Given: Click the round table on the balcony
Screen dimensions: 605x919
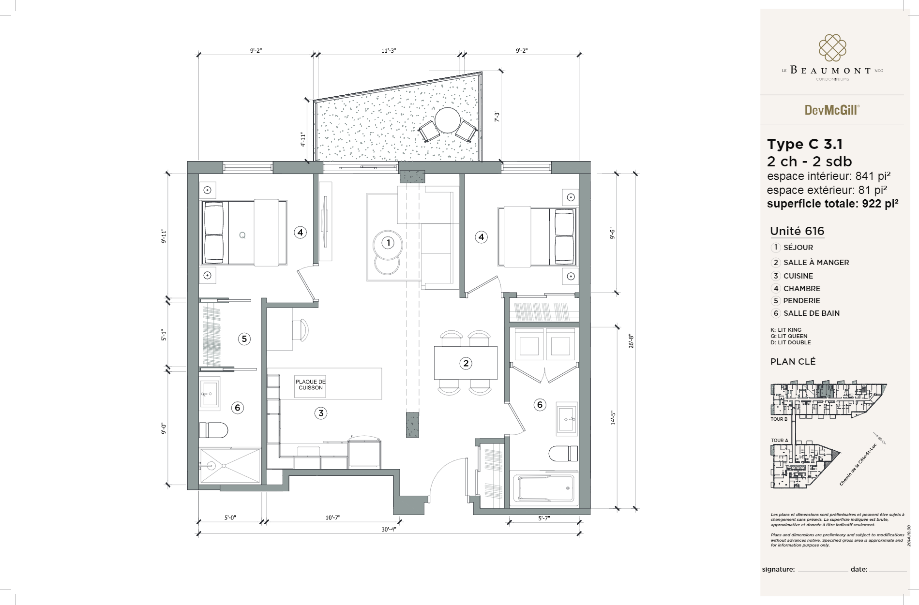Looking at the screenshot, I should click(447, 119).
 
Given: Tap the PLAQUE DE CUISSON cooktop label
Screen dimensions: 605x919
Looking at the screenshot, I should click(311, 384).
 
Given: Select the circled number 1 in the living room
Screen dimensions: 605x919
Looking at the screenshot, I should click(388, 243).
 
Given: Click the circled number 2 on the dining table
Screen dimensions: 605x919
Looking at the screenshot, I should click(466, 363).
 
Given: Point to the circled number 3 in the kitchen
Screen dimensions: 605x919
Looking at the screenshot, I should click(321, 413).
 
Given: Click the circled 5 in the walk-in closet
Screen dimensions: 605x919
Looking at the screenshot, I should click(244, 339).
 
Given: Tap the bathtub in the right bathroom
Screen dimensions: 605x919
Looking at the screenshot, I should click(545, 489).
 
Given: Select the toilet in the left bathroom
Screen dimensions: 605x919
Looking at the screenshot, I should click(213, 430).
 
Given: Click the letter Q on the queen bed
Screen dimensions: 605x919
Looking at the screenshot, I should click(242, 236).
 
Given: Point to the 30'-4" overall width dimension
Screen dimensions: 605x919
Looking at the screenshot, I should click(389, 530).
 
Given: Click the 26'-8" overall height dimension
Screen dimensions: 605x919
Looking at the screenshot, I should click(631, 341).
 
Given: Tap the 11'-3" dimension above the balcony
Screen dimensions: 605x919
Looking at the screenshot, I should click(389, 51).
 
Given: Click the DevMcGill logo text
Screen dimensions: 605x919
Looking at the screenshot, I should click(832, 110).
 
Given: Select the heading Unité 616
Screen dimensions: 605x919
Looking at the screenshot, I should click(797, 231).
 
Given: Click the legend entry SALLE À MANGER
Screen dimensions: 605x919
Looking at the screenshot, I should click(816, 263).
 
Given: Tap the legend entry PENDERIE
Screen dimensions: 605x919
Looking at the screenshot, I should click(801, 301).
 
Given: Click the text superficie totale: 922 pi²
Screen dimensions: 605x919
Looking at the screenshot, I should click(832, 204).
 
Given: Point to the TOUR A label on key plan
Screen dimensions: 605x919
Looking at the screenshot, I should click(779, 440).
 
